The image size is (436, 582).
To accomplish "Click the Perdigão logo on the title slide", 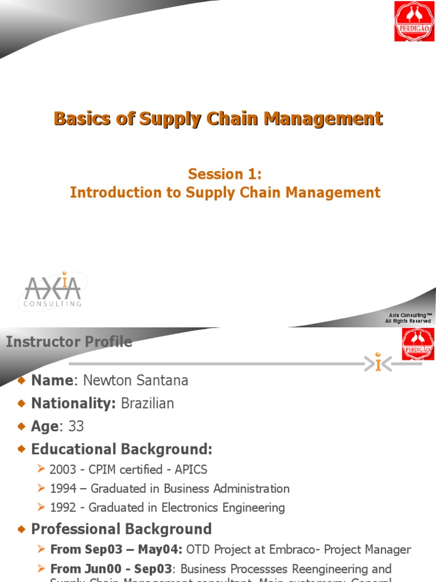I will tap(414, 21).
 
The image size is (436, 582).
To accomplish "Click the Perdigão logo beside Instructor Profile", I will tap(418, 344).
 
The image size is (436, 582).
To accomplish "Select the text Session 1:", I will tap(225, 174).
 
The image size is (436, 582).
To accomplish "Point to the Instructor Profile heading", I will tap(69, 342).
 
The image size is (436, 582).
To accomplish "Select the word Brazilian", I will tap(148, 404).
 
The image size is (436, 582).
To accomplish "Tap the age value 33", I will tap(76, 426).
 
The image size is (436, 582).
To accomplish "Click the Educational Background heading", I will tap(121, 450).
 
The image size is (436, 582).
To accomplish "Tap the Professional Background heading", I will tap(121, 529).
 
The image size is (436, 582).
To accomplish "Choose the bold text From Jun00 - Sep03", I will tap(99, 569).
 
